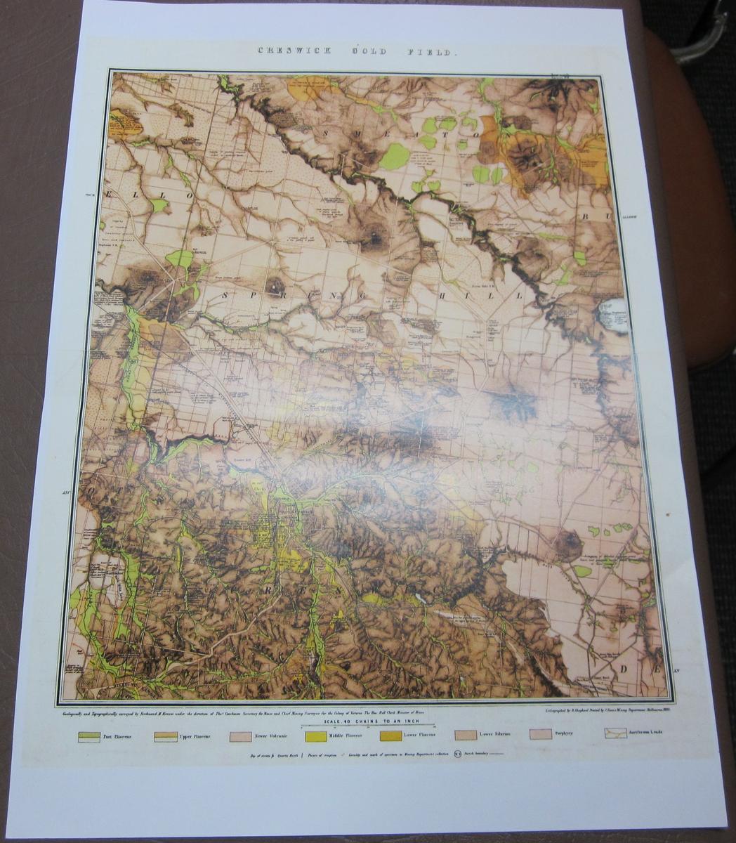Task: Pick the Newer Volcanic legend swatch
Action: click(x=240, y=736)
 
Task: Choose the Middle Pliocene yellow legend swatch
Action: click(x=315, y=736)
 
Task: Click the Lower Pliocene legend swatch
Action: click(x=390, y=736)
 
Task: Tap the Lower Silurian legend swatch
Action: click(x=466, y=735)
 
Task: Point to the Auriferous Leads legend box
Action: click(x=615, y=733)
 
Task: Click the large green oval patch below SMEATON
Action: click(x=395, y=156)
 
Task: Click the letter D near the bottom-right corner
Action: click(x=622, y=669)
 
